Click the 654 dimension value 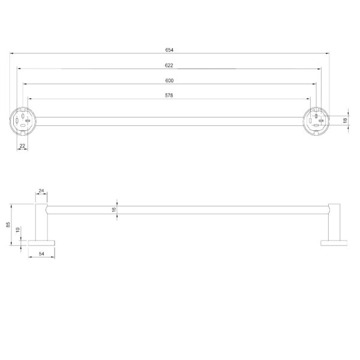click(169, 50)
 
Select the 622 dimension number click(169, 65)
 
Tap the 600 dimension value click(169, 80)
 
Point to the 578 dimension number click(169, 95)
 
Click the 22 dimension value click(22, 146)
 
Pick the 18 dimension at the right click(345, 121)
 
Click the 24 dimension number click(41, 191)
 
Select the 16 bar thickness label click(114, 209)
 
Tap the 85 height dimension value click(8, 224)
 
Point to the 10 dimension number click(18, 230)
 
